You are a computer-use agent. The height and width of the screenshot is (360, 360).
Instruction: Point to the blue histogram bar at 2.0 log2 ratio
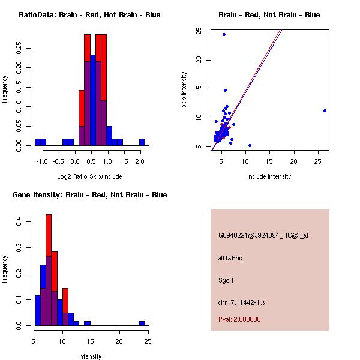click(x=142, y=142)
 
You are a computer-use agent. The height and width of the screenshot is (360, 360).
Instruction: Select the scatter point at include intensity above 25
click(x=325, y=110)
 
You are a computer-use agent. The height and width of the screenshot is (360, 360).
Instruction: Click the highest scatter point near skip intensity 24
click(x=224, y=34)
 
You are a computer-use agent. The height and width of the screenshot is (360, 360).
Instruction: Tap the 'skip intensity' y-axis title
click(x=184, y=90)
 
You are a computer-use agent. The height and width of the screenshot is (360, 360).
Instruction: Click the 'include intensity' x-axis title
click(x=269, y=176)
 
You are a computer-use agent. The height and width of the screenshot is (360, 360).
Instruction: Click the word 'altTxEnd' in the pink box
click(x=230, y=258)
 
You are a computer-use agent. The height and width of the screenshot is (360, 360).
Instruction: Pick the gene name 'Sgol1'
click(x=226, y=280)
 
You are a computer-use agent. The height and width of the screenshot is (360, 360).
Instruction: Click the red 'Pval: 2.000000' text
click(x=239, y=319)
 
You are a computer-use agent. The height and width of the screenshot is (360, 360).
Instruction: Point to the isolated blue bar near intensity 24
click(x=142, y=323)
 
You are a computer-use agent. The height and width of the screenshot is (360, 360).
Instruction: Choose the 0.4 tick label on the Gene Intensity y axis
click(x=19, y=222)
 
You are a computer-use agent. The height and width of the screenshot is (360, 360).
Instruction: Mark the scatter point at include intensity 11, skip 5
click(x=250, y=145)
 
